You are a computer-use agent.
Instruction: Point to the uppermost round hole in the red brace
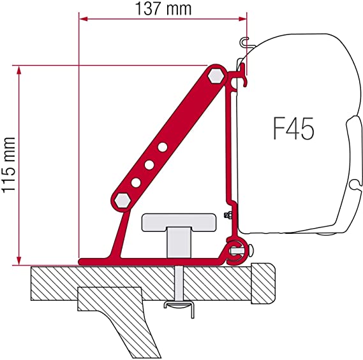pyautogui.click(x=163, y=147)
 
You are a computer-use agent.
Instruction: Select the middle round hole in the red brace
pyautogui.click(x=149, y=165)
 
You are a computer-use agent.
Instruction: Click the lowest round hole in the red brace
pyautogui.click(x=135, y=182)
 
